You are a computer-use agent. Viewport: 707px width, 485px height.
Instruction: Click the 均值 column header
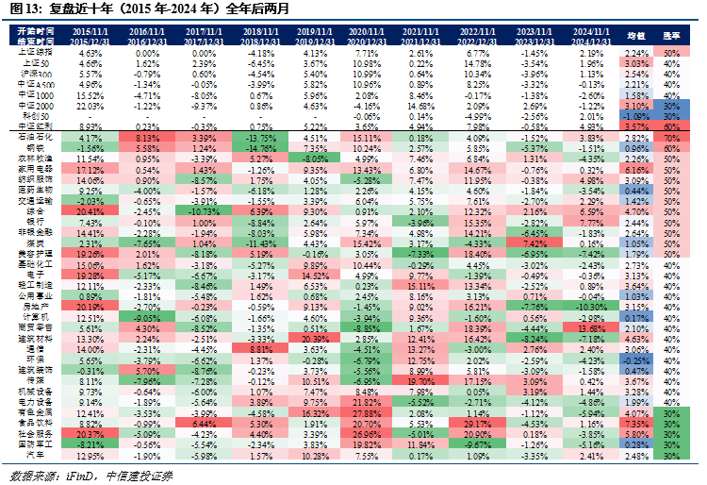coord(635,36)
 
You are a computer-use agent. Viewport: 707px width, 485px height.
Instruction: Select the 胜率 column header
coord(672,36)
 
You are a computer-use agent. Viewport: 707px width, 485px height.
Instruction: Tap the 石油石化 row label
coord(33,137)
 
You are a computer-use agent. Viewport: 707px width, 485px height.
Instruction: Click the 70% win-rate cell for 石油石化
coord(672,137)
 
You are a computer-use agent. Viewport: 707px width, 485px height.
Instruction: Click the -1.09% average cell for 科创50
coord(635,115)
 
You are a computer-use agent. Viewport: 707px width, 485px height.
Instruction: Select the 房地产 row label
coord(33,306)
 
